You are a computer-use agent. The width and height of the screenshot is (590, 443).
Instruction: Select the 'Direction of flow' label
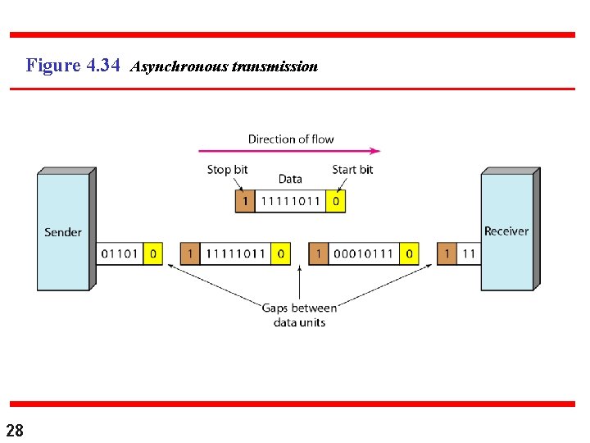[x=291, y=139]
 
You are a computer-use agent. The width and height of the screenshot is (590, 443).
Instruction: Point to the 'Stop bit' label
[x=227, y=170]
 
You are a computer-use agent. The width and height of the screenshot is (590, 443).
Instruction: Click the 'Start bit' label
[x=352, y=170]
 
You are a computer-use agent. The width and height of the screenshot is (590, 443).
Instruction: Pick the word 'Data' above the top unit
[x=290, y=179]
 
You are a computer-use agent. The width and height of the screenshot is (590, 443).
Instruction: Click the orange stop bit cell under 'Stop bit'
[x=244, y=201]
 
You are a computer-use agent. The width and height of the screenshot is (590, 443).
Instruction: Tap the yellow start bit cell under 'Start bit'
[x=335, y=201]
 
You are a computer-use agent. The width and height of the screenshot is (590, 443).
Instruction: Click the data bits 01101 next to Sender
[x=120, y=253]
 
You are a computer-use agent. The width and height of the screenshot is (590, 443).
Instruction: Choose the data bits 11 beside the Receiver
[x=468, y=253]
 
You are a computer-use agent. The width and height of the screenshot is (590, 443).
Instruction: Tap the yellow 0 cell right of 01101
[x=153, y=253]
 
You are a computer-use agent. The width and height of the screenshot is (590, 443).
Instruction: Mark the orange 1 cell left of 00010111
[x=318, y=253]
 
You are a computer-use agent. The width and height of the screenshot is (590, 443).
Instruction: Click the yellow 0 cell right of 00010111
[x=409, y=253]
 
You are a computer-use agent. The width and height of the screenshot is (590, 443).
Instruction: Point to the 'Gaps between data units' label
[x=299, y=315]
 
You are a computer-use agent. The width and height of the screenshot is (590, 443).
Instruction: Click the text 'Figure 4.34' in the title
[x=74, y=65]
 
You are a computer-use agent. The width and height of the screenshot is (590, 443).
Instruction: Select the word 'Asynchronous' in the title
[x=179, y=66]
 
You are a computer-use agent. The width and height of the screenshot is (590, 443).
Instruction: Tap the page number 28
[x=15, y=430]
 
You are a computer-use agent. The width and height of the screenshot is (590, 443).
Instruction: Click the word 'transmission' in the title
[x=275, y=66]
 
